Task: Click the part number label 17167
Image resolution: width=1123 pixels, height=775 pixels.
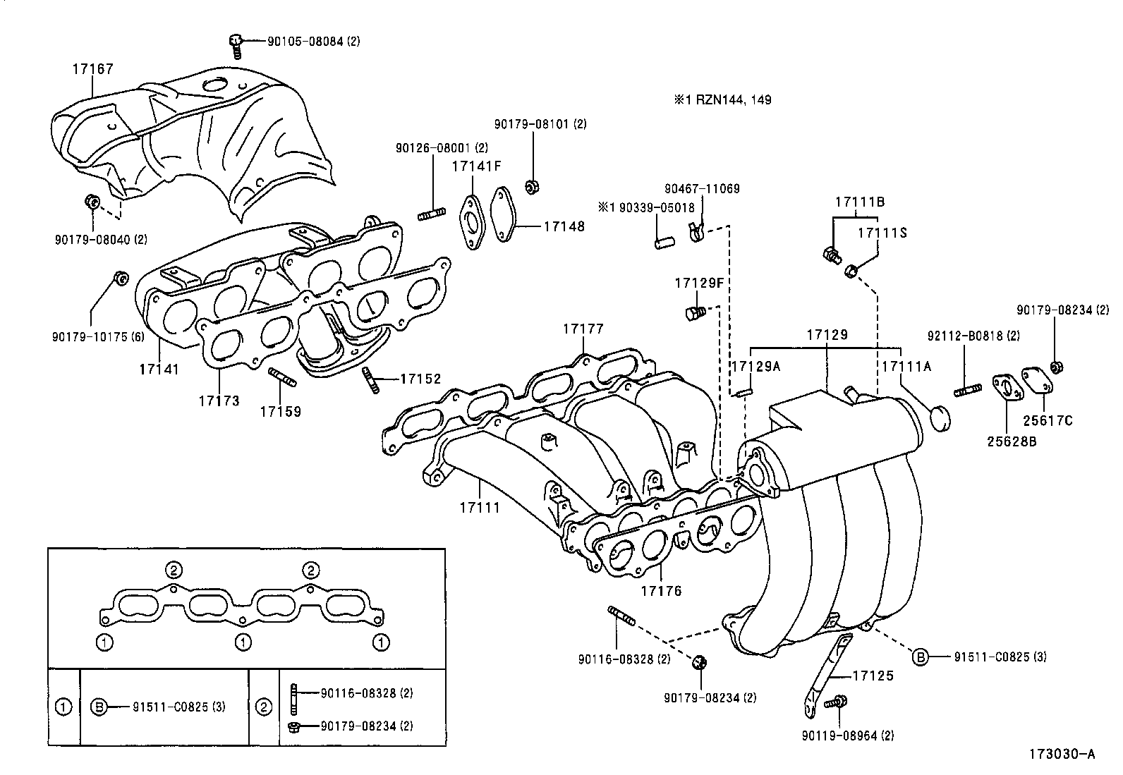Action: [92, 69]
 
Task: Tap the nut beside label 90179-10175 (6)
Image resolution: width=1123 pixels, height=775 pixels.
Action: [121, 277]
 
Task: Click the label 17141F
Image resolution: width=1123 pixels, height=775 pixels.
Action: [477, 166]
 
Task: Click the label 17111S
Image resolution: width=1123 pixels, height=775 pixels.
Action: [882, 233]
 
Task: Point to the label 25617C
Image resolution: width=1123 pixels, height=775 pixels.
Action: [1047, 421]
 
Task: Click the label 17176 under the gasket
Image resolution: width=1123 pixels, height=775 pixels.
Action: [661, 591]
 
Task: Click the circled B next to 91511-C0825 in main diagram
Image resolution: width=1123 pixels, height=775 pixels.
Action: [921, 657]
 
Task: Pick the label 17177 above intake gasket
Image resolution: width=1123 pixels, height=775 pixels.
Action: [583, 329]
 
